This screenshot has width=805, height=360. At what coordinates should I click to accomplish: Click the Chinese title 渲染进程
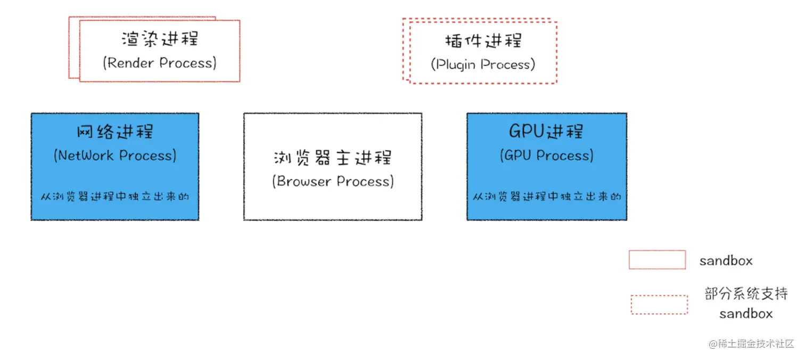click(x=160, y=39)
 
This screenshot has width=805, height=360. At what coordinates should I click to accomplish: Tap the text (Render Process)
click(x=160, y=63)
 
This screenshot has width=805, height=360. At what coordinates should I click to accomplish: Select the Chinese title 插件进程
click(x=483, y=41)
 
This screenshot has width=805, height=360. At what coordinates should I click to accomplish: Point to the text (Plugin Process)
click(x=483, y=65)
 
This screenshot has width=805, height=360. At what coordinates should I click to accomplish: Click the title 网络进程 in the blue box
click(x=115, y=132)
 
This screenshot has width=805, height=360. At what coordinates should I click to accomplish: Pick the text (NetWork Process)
click(x=115, y=156)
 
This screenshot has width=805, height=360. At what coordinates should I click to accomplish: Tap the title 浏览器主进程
click(x=333, y=158)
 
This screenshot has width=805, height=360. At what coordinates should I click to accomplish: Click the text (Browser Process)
click(x=333, y=182)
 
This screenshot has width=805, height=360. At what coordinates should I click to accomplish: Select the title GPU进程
click(x=546, y=131)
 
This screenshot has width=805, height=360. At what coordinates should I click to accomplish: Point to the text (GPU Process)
click(x=546, y=156)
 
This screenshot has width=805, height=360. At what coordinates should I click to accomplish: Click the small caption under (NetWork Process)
click(x=115, y=197)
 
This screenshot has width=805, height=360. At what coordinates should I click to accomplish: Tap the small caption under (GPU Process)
click(x=547, y=197)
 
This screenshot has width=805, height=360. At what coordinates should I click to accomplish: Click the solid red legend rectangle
click(x=657, y=260)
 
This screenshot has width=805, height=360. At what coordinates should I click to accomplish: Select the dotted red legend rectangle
click(x=659, y=305)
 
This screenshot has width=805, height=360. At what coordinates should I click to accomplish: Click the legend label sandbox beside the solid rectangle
click(x=726, y=261)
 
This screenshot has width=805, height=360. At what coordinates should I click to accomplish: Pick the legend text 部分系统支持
click(x=746, y=294)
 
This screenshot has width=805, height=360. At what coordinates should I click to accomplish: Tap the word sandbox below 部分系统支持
click(x=745, y=314)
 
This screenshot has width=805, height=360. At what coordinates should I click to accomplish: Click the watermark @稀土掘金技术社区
click(x=751, y=344)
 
